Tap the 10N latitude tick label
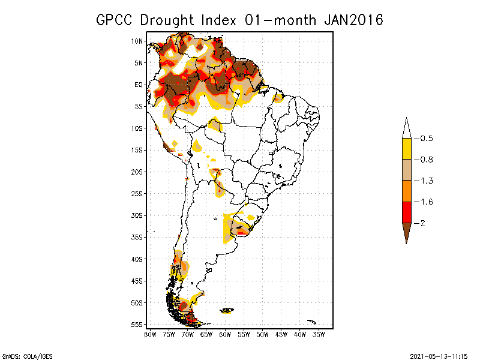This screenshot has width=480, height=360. tap(137, 41)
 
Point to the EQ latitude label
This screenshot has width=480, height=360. tap(138, 85)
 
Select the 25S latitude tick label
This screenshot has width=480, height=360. tap(137, 193)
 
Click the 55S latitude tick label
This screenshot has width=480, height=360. tap(137, 324)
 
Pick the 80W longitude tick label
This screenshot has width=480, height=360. tap(150, 334)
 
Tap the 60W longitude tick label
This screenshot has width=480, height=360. tap(226, 334)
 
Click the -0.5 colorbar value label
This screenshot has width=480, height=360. tap(427, 139)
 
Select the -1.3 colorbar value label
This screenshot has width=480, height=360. tap(427, 181)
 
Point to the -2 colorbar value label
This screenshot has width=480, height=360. tap(424, 223)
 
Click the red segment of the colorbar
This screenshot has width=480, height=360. tap(406, 212)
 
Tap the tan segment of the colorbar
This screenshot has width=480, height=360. tap(406, 170)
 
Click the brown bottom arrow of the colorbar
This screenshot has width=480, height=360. tap(406, 230)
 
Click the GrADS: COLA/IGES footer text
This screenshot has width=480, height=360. tap(28, 356)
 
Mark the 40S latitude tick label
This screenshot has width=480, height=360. tap(137, 259)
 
